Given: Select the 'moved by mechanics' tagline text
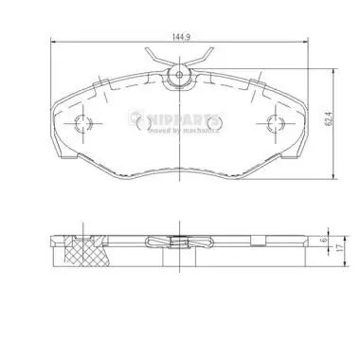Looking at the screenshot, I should tap(183, 131).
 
